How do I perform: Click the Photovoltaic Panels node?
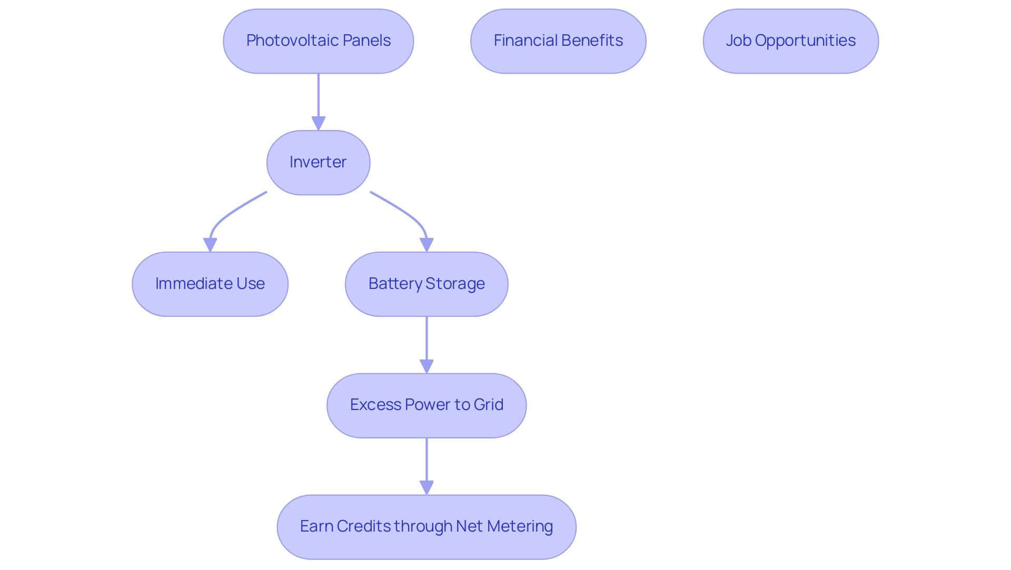coord(318,41)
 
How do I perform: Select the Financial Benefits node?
coord(558,41)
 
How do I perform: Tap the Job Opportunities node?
coord(790,41)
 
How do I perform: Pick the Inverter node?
coord(318,163)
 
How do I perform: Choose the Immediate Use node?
coord(210,284)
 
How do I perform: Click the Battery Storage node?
coord(427,284)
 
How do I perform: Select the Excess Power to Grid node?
coord(427,405)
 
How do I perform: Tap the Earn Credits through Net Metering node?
coord(427,527)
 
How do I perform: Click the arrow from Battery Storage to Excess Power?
coord(427,344)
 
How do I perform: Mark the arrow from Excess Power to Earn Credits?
coord(427,465)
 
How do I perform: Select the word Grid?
coord(489,405)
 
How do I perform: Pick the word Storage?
coord(455,284)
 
